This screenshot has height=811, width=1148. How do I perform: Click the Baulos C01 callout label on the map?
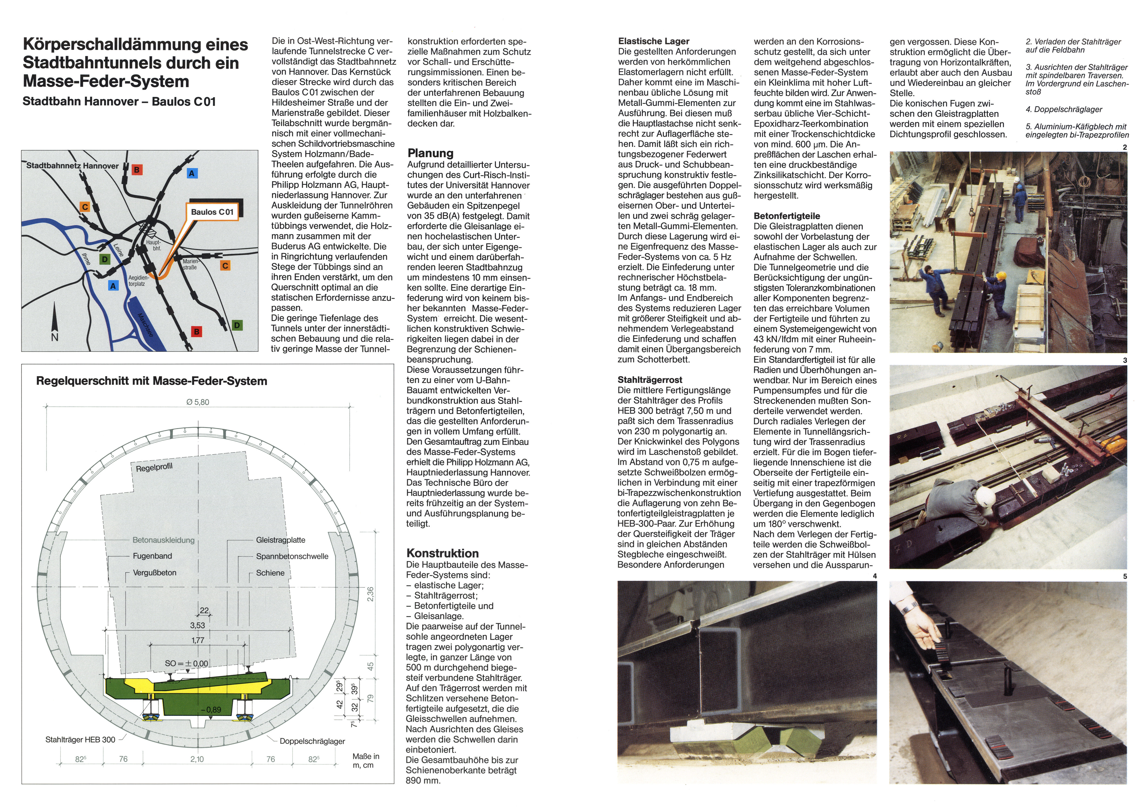pyautogui.click(x=212, y=212)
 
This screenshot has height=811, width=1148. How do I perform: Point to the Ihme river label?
pyautogui.click(x=86, y=259)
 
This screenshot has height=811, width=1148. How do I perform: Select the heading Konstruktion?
pyautogui.click(x=442, y=553)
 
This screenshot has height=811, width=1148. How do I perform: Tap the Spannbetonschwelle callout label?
pyautogui.click(x=292, y=556)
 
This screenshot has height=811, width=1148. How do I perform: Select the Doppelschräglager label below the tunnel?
pyautogui.click(x=312, y=741)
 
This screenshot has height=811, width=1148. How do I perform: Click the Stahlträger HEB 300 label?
pyautogui.click(x=80, y=739)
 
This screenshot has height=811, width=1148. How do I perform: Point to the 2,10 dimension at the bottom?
pyautogui.click(x=197, y=759)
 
